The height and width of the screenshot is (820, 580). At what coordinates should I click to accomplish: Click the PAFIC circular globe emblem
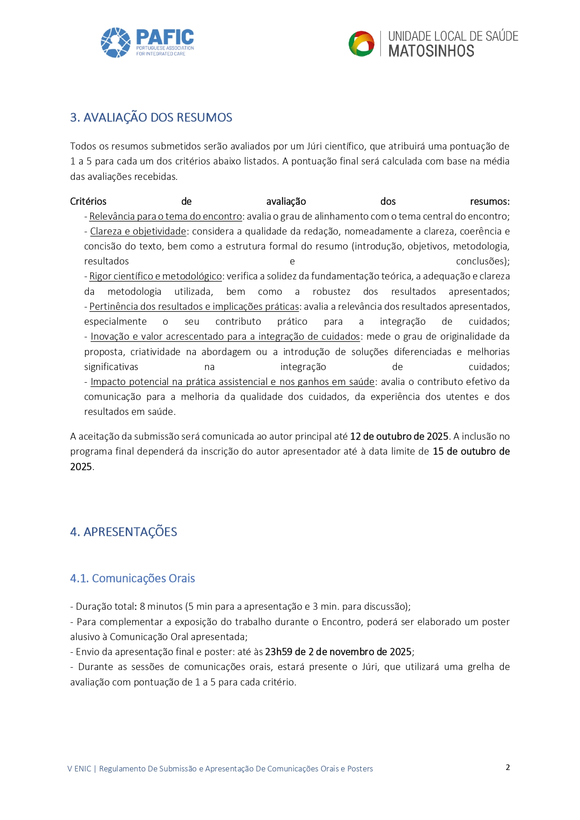pyautogui.click(x=115, y=43)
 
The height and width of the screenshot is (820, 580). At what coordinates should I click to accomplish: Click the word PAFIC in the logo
pyautogui.click(x=165, y=37)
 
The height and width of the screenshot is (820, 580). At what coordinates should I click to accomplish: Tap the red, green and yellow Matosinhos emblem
pyautogui.click(x=361, y=44)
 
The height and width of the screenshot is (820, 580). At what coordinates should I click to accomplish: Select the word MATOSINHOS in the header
pyautogui.click(x=431, y=51)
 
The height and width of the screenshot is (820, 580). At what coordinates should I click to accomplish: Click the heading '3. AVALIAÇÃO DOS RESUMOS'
pyautogui.click(x=151, y=117)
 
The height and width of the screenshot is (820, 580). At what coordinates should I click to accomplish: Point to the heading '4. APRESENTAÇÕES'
pyautogui.click(x=123, y=532)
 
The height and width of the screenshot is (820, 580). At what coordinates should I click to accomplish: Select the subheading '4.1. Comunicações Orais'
pyautogui.click(x=132, y=578)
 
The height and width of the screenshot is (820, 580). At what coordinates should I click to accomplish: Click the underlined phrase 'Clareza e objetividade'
pyautogui.click(x=138, y=231)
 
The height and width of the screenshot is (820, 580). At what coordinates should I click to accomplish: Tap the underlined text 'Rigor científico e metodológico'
pyautogui.click(x=156, y=276)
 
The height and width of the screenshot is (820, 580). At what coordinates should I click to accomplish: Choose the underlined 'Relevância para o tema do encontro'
pyautogui.click(x=165, y=216)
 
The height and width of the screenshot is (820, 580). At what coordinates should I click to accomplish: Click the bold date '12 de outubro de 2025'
pyautogui.click(x=399, y=436)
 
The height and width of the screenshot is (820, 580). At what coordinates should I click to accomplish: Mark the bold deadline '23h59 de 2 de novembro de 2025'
pyautogui.click(x=338, y=652)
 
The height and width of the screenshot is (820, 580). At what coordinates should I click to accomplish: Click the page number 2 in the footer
pyautogui.click(x=508, y=767)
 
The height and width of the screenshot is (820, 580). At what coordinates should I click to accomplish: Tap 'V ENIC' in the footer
pyautogui.click(x=79, y=769)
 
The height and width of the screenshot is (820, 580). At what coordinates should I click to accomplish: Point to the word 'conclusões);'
pyautogui.click(x=482, y=261)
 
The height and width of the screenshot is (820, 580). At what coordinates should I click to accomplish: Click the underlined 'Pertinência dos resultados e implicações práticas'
pyautogui.click(x=194, y=307)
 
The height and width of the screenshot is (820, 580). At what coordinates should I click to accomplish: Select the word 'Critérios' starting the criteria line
pyautogui.click(x=88, y=201)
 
